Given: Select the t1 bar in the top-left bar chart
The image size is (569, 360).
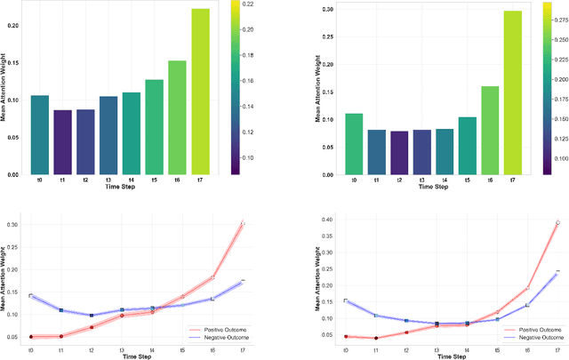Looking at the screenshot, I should coord(62,142).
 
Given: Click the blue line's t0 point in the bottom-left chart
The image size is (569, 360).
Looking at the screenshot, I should coord(30,295).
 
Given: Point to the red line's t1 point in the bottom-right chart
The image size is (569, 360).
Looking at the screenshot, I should coord(375,338).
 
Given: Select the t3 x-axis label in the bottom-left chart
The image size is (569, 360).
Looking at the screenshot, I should coord(122,350).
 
